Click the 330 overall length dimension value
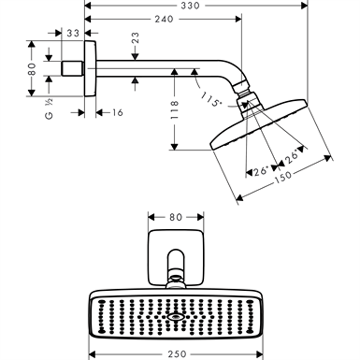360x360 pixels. pos(190,5)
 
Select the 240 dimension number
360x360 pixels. pos(163,19)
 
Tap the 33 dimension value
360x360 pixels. pos(73,33)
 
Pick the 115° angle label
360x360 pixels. pos(211,99)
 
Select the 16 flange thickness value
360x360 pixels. pos(117,113)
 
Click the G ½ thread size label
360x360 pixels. pos(50,108)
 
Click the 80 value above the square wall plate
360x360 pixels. pos(175,217)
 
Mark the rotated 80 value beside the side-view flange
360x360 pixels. pos(32,69)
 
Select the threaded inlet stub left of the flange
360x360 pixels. pos(73,69)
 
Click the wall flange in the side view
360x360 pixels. pos(90,69)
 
